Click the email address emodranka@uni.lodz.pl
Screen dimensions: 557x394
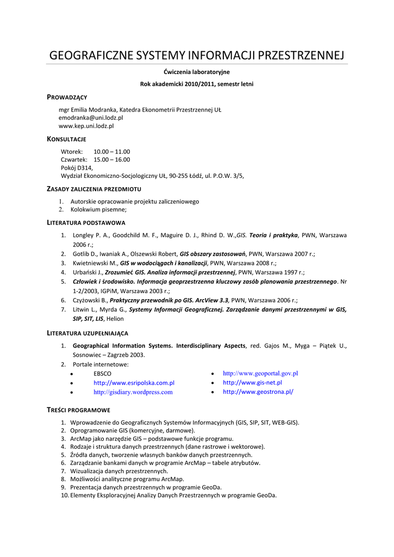[x=91, y=117]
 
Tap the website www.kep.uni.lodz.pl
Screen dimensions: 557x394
[x=86, y=126]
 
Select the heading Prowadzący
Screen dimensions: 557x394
[x=67, y=97]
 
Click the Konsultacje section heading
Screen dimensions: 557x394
[x=66, y=139]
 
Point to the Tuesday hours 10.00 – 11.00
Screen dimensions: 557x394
[x=112, y=152]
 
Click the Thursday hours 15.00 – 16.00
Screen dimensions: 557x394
[x=112, y=160]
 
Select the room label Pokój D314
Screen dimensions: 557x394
[x=77, y=168]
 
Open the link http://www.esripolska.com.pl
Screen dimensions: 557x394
[x=134, y=383]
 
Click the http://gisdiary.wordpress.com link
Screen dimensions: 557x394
[x=133, y=392]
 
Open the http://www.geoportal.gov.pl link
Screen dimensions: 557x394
[x=260, y=374]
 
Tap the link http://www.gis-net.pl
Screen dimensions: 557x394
[x=252, y=382]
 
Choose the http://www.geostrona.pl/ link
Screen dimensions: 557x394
[x=258, y=392]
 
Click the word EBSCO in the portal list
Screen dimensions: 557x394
[x=102, y=374]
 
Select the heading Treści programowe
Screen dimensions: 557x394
[x=78, y=410]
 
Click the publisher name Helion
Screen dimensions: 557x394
[x=115, y=319]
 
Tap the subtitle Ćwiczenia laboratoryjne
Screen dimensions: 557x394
[x=197, y=72]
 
